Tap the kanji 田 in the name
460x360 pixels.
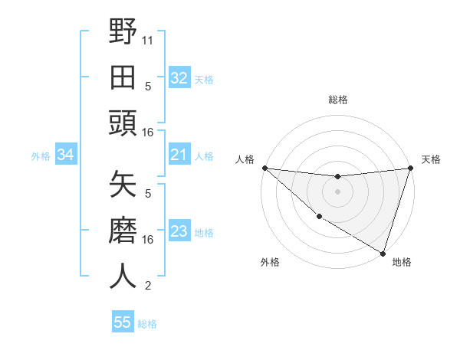click(123, 77)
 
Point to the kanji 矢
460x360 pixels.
click(123, 184)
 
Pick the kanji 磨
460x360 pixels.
click(123, 231)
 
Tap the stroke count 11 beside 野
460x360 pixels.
click(148, 39)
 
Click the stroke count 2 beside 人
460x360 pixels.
click(148, 286)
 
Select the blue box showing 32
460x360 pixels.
click(179, 77)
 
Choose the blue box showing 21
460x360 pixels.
click(179, 155)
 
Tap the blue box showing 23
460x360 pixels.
click(179, 231)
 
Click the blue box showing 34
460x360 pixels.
click(65, 155)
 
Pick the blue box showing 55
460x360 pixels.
click(123, 322)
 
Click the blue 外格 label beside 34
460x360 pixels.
click(41, 156)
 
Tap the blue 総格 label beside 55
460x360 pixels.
click(147, 324)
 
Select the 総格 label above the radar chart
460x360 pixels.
click(337, 100)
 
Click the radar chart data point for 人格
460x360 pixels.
click(264, 168)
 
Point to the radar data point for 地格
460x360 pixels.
click(383, 253)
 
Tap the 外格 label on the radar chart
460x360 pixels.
click(269, 263)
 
